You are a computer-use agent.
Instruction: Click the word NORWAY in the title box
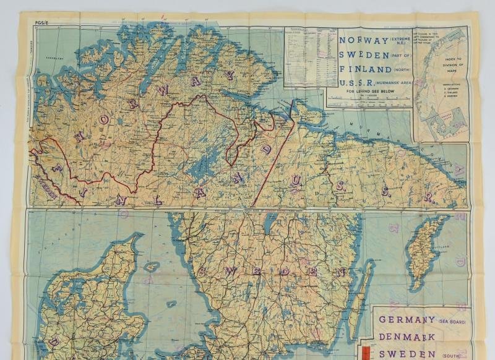click(359, 41)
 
